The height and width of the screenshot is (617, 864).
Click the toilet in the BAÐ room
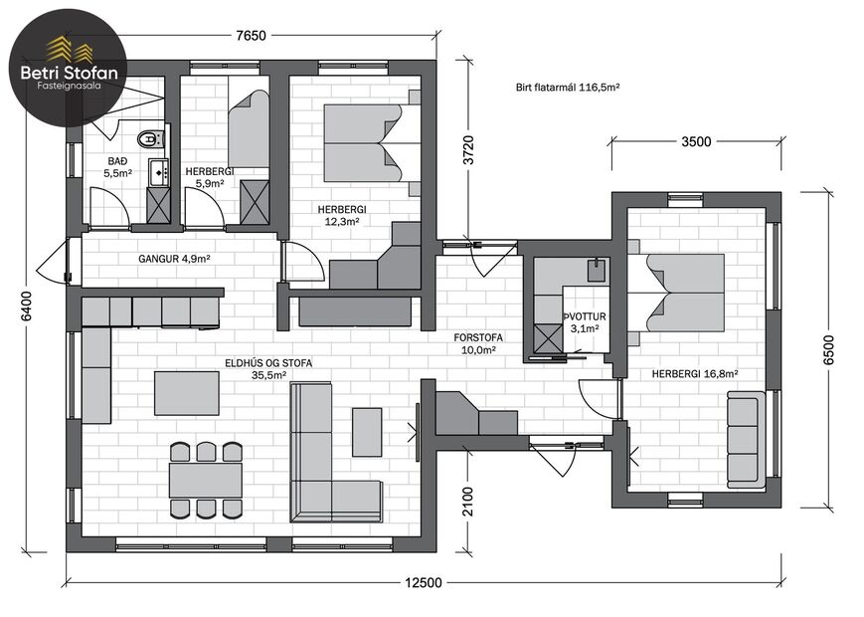150,138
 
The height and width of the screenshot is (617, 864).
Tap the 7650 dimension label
251,36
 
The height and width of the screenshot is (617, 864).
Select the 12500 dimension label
424,583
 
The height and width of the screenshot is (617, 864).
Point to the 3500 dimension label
697,141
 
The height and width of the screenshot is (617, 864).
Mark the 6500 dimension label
828,349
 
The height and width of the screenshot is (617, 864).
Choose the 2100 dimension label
467,502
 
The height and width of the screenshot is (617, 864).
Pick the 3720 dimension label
468,150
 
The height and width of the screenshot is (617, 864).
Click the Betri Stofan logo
69,68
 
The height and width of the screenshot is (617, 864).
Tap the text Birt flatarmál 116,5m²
568,88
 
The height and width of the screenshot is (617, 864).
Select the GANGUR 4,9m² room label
174,259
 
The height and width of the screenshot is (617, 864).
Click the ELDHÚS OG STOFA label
268,363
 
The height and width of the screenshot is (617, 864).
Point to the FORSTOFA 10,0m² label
478,343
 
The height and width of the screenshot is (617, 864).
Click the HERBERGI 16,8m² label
695,374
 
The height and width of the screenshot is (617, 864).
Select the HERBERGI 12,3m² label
342,216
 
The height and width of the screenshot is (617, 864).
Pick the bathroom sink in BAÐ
159,172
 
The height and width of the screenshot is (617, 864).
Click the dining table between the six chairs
206,481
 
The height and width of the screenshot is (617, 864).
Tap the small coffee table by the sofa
367,432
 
